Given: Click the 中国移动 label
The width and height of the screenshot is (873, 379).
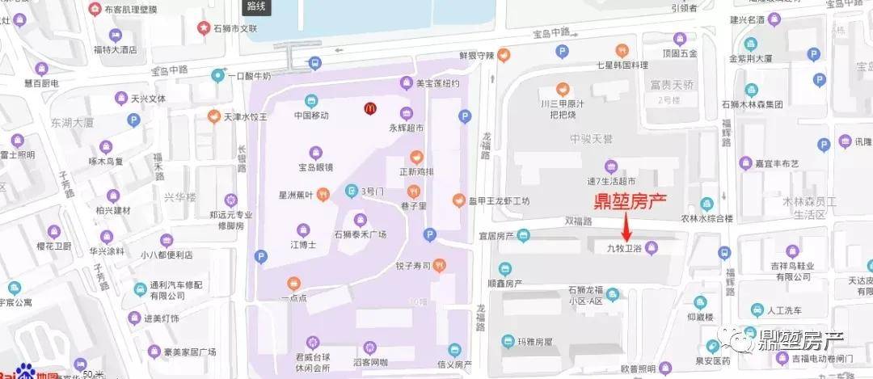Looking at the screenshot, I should point(311,116).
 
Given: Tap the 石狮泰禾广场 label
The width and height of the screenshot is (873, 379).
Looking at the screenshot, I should point(360,234).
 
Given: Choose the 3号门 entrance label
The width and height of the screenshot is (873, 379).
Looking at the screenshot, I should point(373,191).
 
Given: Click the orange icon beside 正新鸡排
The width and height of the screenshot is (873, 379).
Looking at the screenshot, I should point(415,157).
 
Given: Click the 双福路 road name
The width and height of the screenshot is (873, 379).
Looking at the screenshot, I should point(578,220).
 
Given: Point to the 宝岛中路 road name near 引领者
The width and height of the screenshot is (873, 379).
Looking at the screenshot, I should point(550,32).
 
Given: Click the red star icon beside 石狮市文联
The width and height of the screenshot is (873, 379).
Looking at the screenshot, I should point(203,29).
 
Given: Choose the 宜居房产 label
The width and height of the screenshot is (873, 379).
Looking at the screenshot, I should point(496,236).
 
